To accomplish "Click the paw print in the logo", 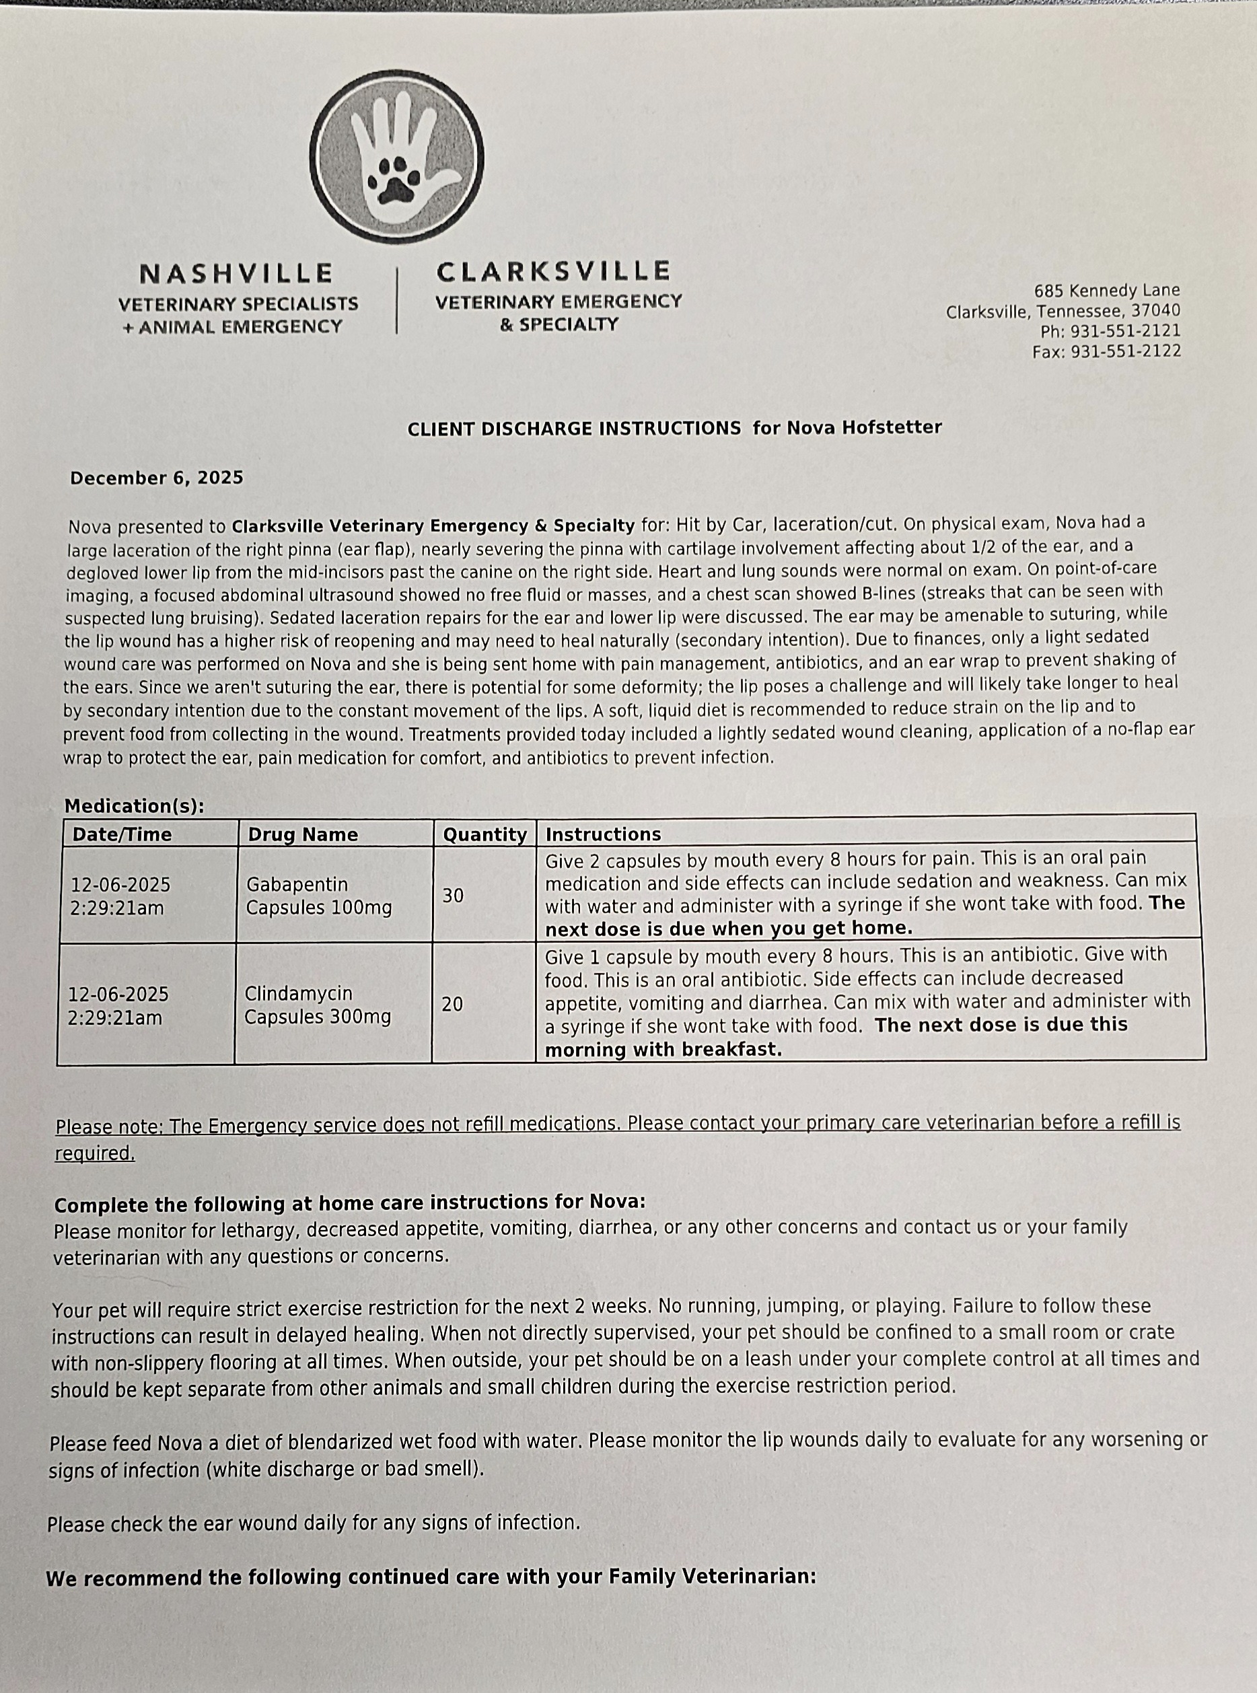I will (x=394, y=180).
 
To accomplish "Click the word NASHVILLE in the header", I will (x=237, y=273).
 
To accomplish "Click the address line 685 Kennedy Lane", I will (x=1106, y=291).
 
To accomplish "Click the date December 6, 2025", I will (x=157, y=478).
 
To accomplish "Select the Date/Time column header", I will (x=122, y=834).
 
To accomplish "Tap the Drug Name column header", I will (x=303, y=834).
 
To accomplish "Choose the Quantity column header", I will (x=484, y=834).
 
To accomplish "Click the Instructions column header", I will (x=604, y=834).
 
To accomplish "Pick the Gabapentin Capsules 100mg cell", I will (x=319, y=896).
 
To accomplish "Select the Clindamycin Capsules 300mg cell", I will (x=318, y=1005).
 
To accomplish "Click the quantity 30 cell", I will (x=453, y=896).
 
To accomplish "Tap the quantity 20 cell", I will (x=452, y=1005).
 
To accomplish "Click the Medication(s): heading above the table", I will (x=135, y=806).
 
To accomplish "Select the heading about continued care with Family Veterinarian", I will (x=431, y=1577).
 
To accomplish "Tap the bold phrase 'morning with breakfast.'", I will (x=663, y=1050).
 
